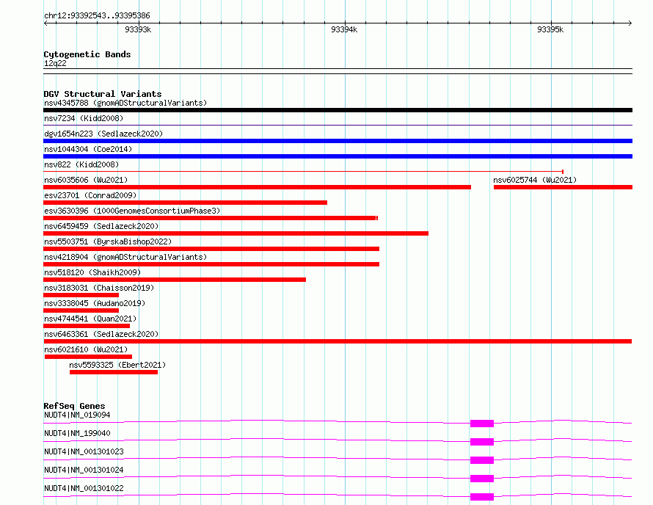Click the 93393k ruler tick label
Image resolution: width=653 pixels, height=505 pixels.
coord(138,29)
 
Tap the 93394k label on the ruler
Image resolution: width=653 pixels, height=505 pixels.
coord(344,29)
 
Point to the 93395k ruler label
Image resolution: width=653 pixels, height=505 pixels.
coord(550,29)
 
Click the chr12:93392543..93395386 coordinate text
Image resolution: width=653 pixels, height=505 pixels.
coord(97,16)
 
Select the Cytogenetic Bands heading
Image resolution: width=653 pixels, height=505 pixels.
coord(87,54)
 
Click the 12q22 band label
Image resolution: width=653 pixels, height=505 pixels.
coord(55,63)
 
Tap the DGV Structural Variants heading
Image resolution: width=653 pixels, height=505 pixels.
coord(103,94)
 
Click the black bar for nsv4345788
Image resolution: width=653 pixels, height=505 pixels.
coord(338,110)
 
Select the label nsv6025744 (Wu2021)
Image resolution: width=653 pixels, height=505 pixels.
coord(535,180)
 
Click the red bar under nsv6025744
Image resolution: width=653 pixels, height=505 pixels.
coord(563,187)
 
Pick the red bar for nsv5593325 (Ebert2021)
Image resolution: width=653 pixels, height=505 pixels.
coord(114,372)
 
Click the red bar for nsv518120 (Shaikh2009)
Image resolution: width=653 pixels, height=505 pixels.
coord(175,280)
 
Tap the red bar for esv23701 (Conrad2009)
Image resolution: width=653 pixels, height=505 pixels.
coord(186,203)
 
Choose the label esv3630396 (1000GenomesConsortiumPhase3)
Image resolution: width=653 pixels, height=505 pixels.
coord(132,211)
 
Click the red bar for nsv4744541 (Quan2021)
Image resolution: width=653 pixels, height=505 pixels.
coord(87,326)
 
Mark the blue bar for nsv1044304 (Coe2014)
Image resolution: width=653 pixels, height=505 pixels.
coord(338,156)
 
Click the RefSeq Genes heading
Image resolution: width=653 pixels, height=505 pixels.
coord(74,406)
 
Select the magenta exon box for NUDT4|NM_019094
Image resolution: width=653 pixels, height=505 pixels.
coord(482,424)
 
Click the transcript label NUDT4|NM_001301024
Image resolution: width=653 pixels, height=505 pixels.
coord(84,470)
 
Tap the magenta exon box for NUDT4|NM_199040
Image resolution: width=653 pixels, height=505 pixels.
coord(482,442)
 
